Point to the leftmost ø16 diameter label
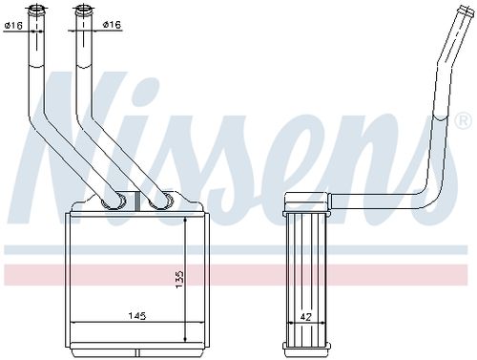click(x=13, y=26)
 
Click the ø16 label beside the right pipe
click(x=112, y=26)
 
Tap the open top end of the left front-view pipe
click(x=38, y=11)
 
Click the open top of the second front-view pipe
click(x=83, y=11)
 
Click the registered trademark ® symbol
click(x=464, y=121)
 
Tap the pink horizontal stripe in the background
click(x=238, y=276)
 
